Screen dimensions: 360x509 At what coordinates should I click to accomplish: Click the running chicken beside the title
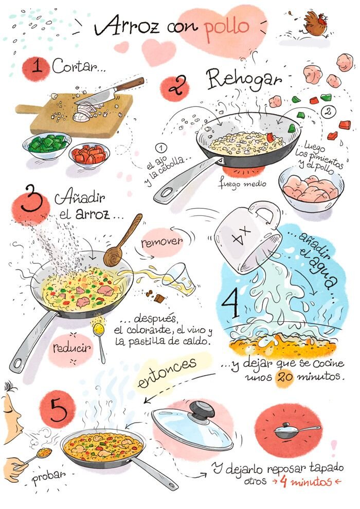(315, 24)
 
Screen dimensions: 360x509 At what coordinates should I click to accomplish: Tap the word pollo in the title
(227, 29)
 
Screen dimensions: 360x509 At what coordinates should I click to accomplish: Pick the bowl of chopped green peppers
(47, 146)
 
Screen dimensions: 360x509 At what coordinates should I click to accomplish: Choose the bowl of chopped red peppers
(89, 156)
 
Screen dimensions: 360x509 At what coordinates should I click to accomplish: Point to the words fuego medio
(242, 184)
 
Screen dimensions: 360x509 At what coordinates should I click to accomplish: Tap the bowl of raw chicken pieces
(311, 189)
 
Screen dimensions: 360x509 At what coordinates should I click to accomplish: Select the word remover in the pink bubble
(161, 242)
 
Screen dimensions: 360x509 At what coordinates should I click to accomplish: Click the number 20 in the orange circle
(285, 377)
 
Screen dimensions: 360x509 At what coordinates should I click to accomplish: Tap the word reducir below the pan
(71, 348)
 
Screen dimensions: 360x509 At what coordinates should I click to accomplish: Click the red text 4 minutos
(307, 481)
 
